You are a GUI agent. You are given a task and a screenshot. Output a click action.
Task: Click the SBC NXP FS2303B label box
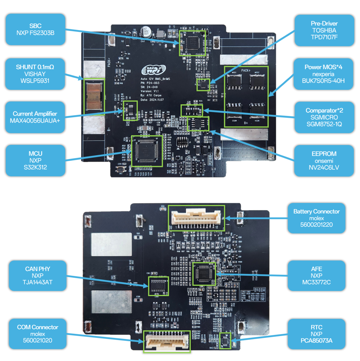click(x=35, y=29)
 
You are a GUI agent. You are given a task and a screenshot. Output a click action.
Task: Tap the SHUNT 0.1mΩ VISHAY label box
click(x=35, y=74)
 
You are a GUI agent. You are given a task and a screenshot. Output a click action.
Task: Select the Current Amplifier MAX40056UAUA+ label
click(x=35, y=117)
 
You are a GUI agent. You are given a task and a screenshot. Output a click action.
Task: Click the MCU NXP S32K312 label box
click(x=35, y=160)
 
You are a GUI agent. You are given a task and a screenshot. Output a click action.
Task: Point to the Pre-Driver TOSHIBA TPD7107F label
click(x=324, y=30)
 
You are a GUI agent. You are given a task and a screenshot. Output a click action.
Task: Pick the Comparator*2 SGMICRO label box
click(x=324, y=117)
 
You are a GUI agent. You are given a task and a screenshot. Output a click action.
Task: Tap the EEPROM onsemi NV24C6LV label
click(x=324, y=160)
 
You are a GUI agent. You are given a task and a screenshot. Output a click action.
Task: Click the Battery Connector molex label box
click(x=316, y=218)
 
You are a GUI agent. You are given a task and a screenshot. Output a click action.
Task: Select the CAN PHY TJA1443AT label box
click(x=37, y=275)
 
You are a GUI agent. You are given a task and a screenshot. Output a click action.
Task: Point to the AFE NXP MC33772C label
click(x=316, y=275)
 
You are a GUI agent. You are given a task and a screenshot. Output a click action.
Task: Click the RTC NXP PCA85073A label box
click(x=316, y=334)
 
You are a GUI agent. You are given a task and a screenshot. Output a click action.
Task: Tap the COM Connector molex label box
click(x=37, y=334)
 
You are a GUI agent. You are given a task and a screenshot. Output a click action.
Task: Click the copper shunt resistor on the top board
click(x=94, y=97)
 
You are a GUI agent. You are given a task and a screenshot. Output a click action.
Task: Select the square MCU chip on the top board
click(x=147, y=151)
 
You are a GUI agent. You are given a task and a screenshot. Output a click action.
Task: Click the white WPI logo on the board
click(x=153, y=70)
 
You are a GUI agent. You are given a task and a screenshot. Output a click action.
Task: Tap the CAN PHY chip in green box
click(x=158, y=286)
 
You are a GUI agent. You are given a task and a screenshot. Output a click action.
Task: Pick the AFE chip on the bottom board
click(x=204, y=274)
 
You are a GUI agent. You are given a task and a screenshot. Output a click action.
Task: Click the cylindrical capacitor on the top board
click(x=146, y=32)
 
